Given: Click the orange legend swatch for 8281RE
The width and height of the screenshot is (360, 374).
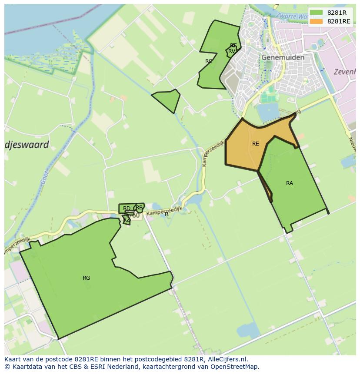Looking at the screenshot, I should coord(316,21).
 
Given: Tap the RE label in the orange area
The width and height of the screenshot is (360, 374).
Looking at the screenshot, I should coord(255,144).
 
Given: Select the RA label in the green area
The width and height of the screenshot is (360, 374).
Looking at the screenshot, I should coord(290,183).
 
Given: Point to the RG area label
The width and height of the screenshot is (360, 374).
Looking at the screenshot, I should coord(86,278).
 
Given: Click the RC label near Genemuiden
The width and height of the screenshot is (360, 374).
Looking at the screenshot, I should coord(209,61).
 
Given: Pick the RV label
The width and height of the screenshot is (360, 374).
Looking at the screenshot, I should coord(232,51).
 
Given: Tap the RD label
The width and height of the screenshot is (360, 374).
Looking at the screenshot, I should coord(127,209).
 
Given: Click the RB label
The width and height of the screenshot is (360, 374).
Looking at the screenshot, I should coord(139,208).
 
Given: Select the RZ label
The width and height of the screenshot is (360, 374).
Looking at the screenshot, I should coord(127,220).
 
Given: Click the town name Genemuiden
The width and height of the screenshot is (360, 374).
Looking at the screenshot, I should coord(283,57).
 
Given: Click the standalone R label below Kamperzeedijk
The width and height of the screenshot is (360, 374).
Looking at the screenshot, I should coord(167,214).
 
